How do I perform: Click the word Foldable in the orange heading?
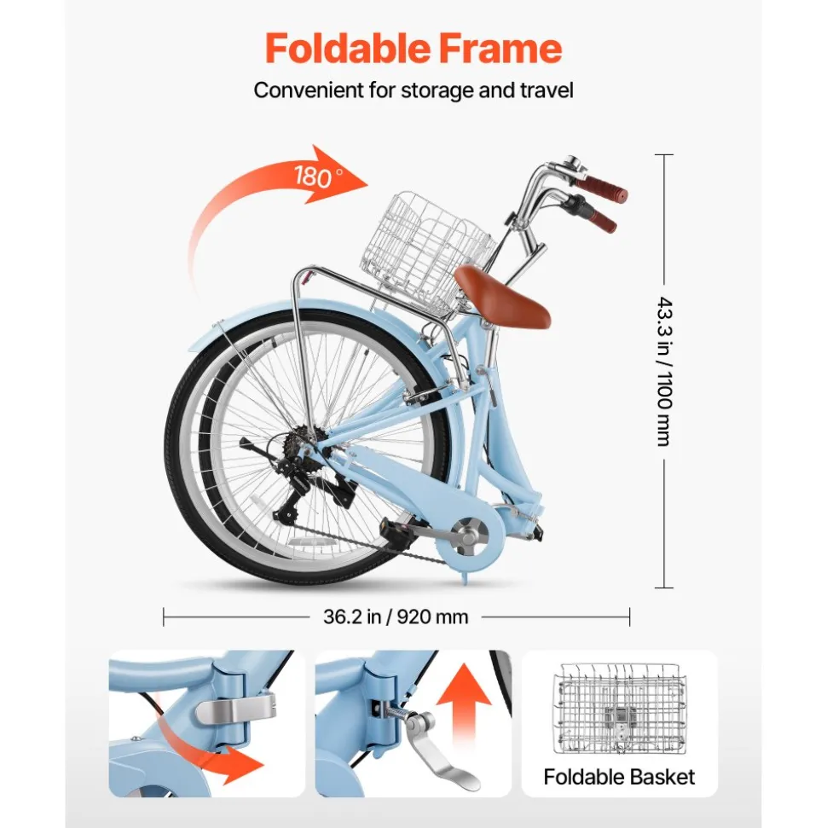click(x=348, y=49)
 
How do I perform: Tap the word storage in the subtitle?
click(x=437, y=91)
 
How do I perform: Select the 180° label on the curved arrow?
click(x=318, y=176)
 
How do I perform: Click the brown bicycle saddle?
click(x=501, y=296)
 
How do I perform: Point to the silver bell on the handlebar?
click(x=574, y=166)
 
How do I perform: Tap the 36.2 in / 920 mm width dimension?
click(x=396, y=617)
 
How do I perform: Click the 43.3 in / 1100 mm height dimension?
click(x=665, y=372)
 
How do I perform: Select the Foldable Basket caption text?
click(x=619, y=777)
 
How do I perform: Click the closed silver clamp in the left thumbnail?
click(x=236, y=708)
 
